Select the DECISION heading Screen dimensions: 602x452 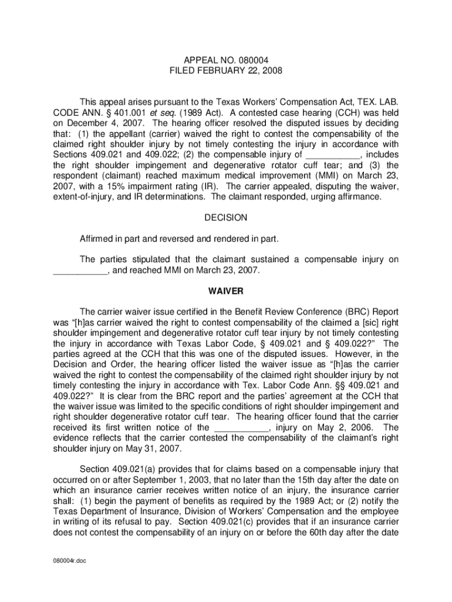(x=226, y=218)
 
